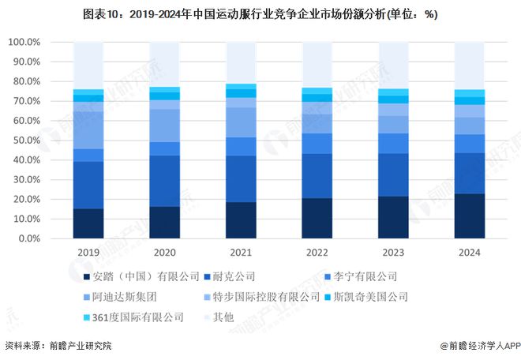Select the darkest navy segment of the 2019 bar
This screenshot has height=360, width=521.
88,223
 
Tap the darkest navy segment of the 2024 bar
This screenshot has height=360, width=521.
469,216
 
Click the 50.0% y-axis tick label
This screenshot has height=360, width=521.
26,141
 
